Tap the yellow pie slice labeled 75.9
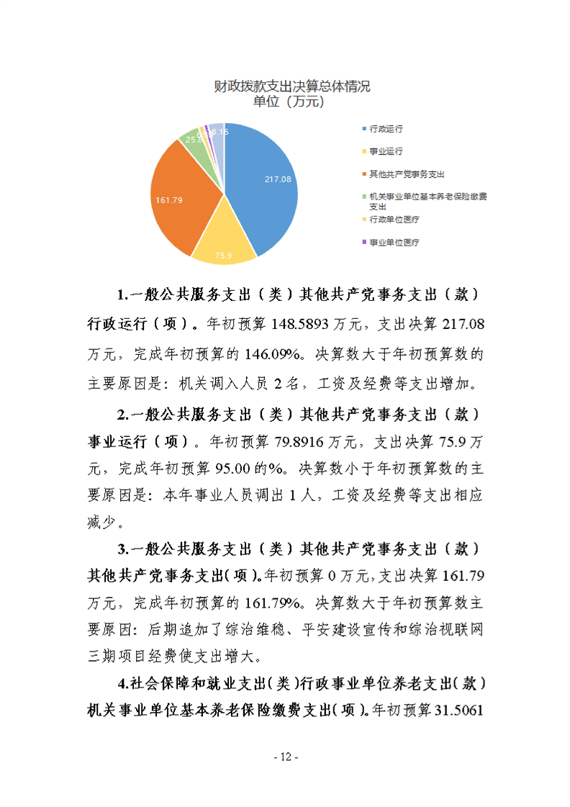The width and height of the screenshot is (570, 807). tap(226, 238)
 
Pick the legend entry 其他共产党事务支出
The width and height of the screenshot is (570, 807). tap(407, 174)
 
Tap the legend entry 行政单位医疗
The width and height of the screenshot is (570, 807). tap(394, 219)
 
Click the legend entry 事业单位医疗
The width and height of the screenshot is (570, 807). tap(394, 243)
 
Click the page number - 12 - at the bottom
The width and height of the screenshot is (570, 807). tap(285, 757)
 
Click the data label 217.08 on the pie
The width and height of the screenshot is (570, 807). tap(277, 179)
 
